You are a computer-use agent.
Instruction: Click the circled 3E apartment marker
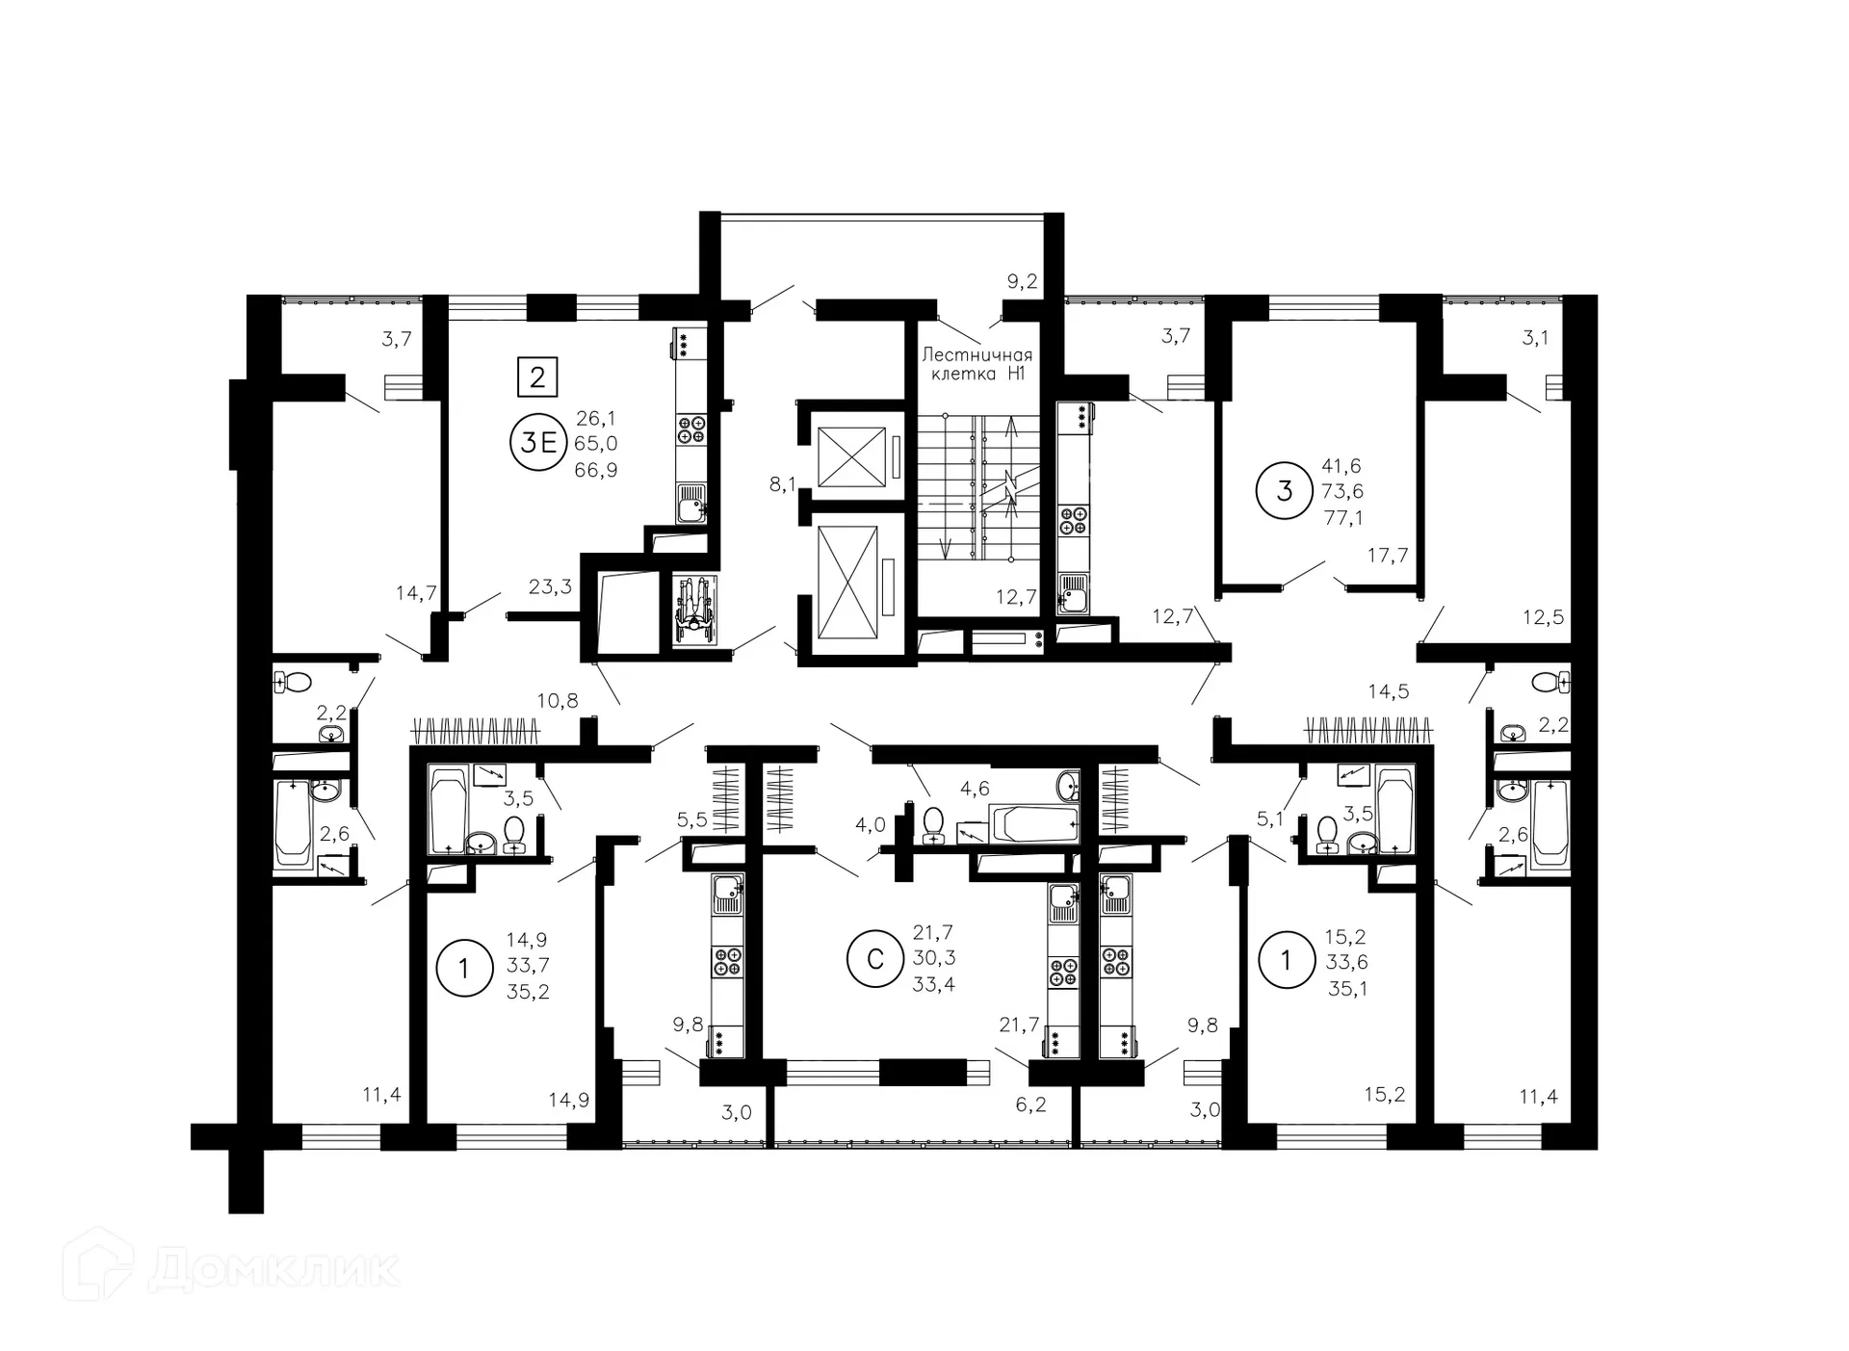tap(538, 443)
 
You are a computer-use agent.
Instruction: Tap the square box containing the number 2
tap(537, 377)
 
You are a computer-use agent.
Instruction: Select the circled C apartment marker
tap(875, 959)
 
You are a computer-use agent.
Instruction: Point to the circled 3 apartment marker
tap(1284, 491)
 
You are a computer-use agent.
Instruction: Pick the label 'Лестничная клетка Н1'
tap(977, 364)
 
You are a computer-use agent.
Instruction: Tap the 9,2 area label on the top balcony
tap(1022, 281)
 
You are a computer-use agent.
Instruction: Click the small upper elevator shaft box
tap(850, 457)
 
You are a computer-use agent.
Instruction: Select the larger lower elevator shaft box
tap(847, 583)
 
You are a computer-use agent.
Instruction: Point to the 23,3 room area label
tap(550, 586)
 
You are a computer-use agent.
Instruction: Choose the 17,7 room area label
tap(1387, 556)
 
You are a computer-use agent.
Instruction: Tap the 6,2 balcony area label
tap(1030, 1104)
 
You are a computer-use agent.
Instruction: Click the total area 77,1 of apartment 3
tap(1343, 518)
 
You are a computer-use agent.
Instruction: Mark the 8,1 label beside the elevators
tap(782, 484)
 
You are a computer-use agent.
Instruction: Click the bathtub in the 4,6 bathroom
tap(1033, 824)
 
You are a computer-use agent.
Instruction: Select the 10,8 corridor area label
tap(558, 701)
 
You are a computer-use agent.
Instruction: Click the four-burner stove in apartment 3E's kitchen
tap(690, 429)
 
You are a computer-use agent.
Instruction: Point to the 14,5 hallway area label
tap(1389, 691)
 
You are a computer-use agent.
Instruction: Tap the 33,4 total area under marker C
tap(933, 984)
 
